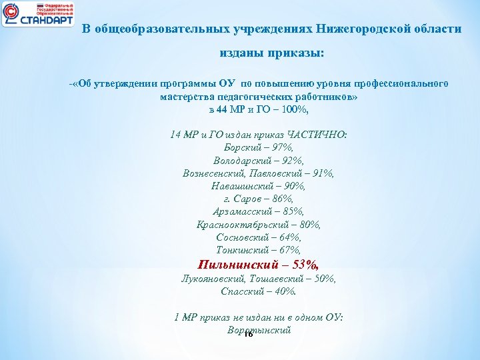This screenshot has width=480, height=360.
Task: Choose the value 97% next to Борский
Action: (281, 147)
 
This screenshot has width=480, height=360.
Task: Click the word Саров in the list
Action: (247, 199)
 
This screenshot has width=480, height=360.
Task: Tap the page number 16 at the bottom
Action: (248, 335)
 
